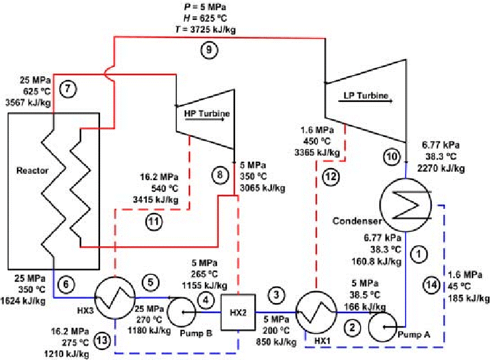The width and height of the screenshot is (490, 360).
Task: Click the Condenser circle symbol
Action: click(x=404, y=209)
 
